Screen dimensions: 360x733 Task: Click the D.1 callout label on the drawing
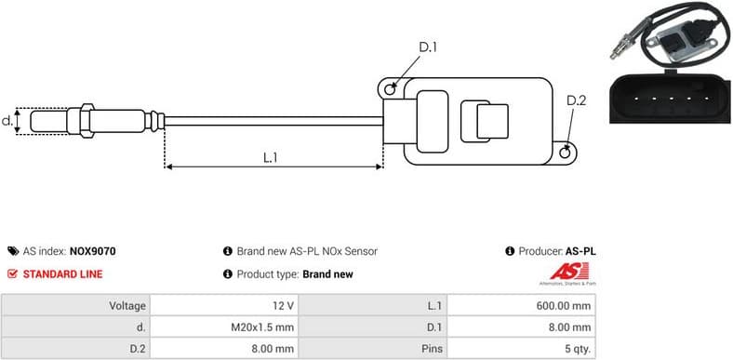(x=428, y=47)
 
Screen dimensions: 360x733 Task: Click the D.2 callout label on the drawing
(x=577, y=100)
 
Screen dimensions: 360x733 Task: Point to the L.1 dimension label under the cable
(x=271, y=157)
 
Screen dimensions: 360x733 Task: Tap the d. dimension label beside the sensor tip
(x=7, y=120)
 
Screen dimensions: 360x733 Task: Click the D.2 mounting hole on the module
(x=567, y=147)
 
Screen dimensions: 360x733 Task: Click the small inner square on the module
(x=492, y=122)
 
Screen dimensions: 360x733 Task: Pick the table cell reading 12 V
(x=284, y=305)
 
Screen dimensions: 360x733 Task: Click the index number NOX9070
(x=93, y=251)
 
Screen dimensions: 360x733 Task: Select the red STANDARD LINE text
(x=62, y=274)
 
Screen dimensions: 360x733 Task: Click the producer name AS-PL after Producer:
(x=580, y=251)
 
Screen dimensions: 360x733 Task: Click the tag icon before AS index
(x=12, y=251)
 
